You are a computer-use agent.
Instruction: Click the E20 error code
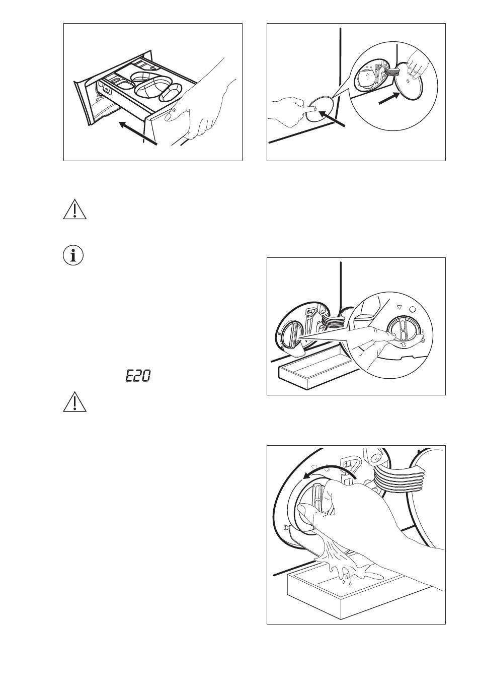click(x=138, y=376)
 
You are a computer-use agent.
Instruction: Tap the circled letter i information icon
click(x=73, y=256)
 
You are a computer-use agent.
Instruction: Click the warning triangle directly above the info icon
click(x=74, y=210)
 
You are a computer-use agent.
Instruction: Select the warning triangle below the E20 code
click(x=74, y=401)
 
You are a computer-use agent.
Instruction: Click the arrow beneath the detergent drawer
click(x=138, y=133)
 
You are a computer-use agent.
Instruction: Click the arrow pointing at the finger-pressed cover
click(x=332, y=119)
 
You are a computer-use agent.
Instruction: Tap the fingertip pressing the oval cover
click(x=312, y=108)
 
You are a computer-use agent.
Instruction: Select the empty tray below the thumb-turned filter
click(x=311, y=369)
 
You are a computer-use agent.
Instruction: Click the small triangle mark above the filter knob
click(x=399, y=307)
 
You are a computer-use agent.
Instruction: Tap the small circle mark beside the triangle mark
click(x=412, y=309)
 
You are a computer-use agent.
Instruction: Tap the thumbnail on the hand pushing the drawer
click(x=169, y=117)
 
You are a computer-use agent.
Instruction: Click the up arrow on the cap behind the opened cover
click(x=366, y=76)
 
